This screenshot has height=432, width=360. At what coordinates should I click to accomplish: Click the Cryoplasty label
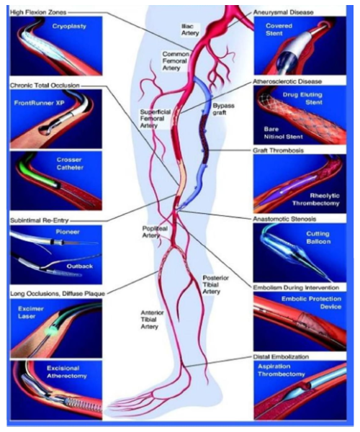click(69, 26)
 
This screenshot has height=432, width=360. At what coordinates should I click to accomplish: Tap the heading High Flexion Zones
click(38, 12)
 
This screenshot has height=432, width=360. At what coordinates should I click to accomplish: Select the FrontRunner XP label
click(40, 103)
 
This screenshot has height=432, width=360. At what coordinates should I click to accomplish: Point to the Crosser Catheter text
click(70, 163)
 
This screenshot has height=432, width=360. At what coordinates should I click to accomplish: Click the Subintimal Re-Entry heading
click(40, 220)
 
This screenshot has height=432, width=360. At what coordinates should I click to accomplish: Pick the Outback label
click(80, 266)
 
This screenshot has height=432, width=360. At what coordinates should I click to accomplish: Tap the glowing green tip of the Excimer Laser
click(50, 330)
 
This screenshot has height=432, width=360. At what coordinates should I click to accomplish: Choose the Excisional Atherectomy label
click(67, 372)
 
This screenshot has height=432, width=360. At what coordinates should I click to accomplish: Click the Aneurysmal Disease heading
click(283, 12)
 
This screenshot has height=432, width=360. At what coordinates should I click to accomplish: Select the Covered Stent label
click(279, 30)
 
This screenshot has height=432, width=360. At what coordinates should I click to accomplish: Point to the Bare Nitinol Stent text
click(283, 132)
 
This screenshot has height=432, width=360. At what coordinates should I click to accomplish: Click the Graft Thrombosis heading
click(278, 150)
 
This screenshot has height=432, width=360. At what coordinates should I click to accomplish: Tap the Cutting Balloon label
click(318, 238)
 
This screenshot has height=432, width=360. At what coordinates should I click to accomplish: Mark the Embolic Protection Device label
click(311, 302)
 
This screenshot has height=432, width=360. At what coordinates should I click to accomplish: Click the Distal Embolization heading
click(281, 357)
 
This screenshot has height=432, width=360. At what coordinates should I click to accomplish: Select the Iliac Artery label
click(190, 30)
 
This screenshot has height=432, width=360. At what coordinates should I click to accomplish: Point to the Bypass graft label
click(223, 109)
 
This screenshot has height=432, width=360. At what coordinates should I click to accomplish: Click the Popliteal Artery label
click(155, 232)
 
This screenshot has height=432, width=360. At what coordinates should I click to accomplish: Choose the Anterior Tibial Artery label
click(153, 320)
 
